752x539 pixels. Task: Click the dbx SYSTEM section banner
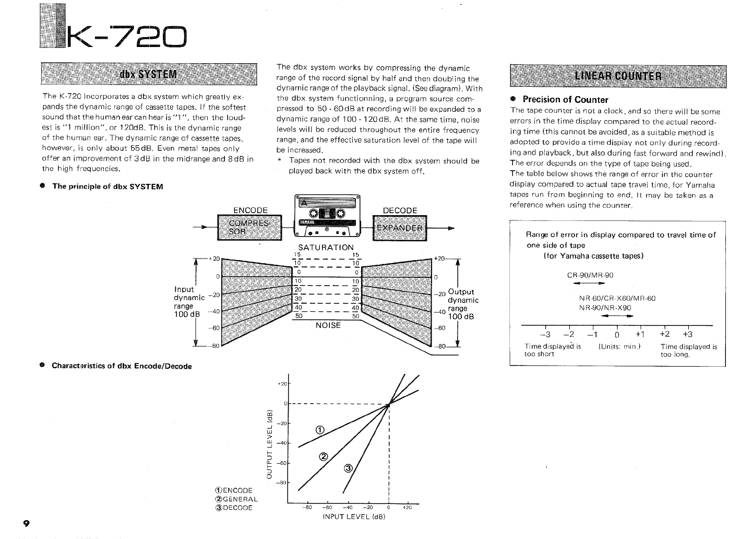[x=149, y=74]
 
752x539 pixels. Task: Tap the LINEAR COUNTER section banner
[x=618, y=75]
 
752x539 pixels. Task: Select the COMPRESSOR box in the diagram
[x=249, y=228]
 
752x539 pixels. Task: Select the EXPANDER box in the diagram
[x=399, y=228]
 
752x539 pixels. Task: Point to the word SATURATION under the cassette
[x=326, y=247]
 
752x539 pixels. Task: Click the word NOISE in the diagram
[x=328, y=325]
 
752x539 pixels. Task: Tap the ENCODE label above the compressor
[x=250, y=210]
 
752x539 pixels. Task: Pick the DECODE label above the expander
[x=400, y=210]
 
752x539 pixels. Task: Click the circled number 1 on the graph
[x=320, y=430]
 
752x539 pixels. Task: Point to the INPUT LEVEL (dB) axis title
[x=354, y=517]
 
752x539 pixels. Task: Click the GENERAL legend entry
[x=236, y=499]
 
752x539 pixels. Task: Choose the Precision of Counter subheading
[x=565, y=99]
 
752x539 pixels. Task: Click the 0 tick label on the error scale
[x=617, y=335]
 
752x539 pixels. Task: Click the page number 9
[x=26, y=523]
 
